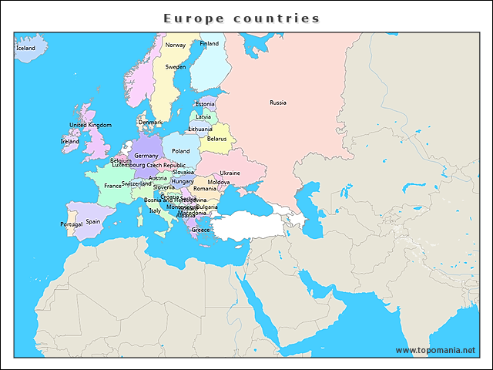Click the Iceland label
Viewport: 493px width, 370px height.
click(x=25, y=48)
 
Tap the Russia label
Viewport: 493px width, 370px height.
click(x=277, y=103)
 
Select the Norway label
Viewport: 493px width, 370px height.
click(x=176, y=45)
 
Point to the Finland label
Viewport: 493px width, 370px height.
click(x=209, y=44)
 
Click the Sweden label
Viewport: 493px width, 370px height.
click(x=176, y=67)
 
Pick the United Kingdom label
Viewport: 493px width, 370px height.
click(x=90, y=125)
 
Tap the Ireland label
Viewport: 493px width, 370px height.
click(x=69, y=142)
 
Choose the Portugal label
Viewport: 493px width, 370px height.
click(x=71, y=224)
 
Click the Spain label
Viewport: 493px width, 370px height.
click(x=92, y=221)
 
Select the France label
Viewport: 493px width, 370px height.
click(x=112, y=186)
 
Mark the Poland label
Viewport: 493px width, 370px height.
click(x=180, y=151)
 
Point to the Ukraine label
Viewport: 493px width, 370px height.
click(x=230, y=173)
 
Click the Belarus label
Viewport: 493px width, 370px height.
click(x=216, y=139)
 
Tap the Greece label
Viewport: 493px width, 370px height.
click(x=200, y=230)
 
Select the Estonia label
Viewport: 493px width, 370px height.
click(x=205, y=104)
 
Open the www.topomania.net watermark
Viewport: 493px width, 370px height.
click(x=435, y=350)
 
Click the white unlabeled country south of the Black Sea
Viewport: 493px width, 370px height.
click(x=250, y=225)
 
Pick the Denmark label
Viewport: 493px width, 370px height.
click(x=150, y=122)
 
